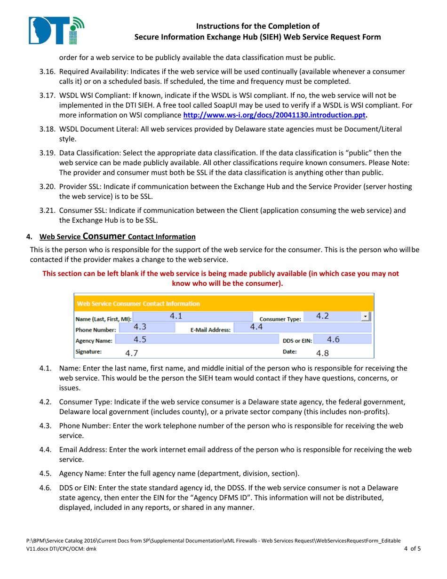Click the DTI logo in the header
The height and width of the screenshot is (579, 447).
[56, 30]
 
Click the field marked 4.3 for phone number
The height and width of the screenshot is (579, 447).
[140, 327]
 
